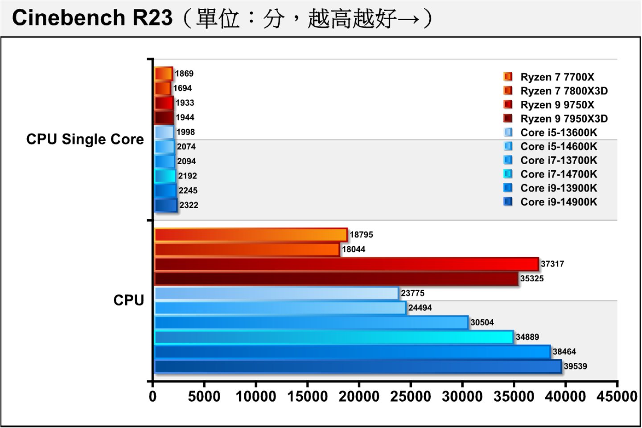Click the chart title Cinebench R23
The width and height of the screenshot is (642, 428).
click(92, 18)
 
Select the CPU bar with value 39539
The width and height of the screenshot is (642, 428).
click(358, 366)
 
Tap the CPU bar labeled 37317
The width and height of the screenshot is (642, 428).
click(346, 264)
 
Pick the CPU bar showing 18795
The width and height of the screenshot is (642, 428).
click(251, 235)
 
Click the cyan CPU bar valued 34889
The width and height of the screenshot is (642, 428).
click(333, 337)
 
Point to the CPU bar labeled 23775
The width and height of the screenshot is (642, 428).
click(276, 293)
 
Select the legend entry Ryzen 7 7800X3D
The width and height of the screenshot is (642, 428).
click(564, 91)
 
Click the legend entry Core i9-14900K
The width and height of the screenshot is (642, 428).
click(558, 202)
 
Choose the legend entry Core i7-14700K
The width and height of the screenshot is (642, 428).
click(558, 174)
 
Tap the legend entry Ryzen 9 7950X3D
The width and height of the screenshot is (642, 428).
click(564, 119)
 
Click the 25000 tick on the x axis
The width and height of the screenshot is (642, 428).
click(410, 396)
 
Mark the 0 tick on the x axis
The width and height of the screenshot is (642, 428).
click(153, 396)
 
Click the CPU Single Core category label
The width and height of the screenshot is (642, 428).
click(85, 139)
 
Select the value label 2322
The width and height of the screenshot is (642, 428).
click(189, 205)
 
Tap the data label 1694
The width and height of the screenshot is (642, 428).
click(182, 88)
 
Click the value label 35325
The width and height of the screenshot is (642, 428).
click(531, 279)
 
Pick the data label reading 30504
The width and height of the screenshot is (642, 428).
click(481, 322)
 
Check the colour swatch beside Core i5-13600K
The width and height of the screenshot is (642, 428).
click(508, 132)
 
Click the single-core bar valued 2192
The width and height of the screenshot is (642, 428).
click(165, 176)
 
